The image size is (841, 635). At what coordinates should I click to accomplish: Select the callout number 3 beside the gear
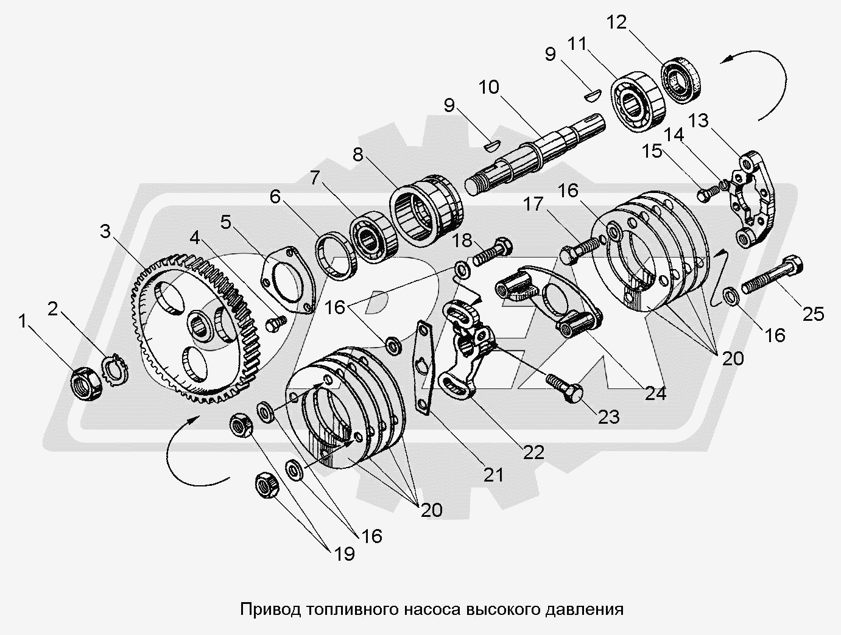click(106, 232)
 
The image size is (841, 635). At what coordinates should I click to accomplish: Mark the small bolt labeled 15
click(705, 195)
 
